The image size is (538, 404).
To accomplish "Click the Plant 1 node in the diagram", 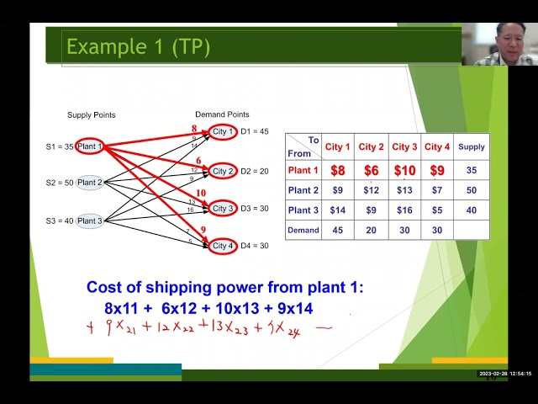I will tap(89, 147).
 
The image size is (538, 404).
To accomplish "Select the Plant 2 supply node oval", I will tap(89, 183).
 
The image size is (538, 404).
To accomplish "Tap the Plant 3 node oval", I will tap(89, 221).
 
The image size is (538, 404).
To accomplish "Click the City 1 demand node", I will tap(223, 132).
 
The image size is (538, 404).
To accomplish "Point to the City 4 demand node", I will tap(223, 246).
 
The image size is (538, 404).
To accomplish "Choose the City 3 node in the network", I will tap(223, 208).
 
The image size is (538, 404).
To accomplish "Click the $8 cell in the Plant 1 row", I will tap(337, 170).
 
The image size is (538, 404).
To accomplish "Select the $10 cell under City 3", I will tap(404, 170).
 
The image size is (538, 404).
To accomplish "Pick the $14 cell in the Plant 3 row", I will tap(337, 210).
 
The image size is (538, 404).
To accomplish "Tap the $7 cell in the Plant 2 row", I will tap(437, 190).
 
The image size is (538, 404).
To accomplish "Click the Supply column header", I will tap(472, 146).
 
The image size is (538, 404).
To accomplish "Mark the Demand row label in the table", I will tap(303, 230).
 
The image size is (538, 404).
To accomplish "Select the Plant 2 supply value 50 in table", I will tap(472, 190).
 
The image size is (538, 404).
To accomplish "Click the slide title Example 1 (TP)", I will tap(138, 46).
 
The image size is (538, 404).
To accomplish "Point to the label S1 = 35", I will tap(59, 147).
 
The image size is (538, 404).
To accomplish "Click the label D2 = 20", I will tap(255, 172).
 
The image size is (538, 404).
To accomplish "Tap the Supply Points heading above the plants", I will tap(91, 114).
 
